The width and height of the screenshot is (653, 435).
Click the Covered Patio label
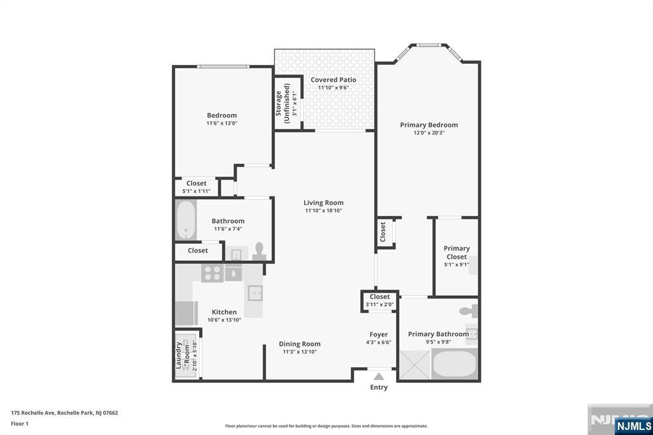333,80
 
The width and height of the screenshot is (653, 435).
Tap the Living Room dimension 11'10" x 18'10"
323,211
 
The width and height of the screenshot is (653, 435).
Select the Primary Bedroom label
429,125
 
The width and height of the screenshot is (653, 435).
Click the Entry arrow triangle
379,377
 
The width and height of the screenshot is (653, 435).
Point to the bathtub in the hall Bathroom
186,219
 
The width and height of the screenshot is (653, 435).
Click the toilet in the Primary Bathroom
469,311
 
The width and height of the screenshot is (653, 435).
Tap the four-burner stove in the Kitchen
212,274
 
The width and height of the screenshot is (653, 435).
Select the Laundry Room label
182,355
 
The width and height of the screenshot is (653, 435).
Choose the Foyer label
379,335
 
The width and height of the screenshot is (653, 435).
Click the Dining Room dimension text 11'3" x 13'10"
300,352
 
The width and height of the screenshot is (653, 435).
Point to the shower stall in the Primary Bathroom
415,365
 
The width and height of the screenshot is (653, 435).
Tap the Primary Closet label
457,253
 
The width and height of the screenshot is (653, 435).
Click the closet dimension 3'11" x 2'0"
380,305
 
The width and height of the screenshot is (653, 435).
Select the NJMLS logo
633,426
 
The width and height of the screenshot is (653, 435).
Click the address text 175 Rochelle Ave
33,413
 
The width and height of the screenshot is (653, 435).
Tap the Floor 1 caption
20,424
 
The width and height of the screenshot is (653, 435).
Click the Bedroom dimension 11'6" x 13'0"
222,123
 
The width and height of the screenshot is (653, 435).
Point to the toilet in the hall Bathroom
259,252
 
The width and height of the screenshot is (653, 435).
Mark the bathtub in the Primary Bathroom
454,364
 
